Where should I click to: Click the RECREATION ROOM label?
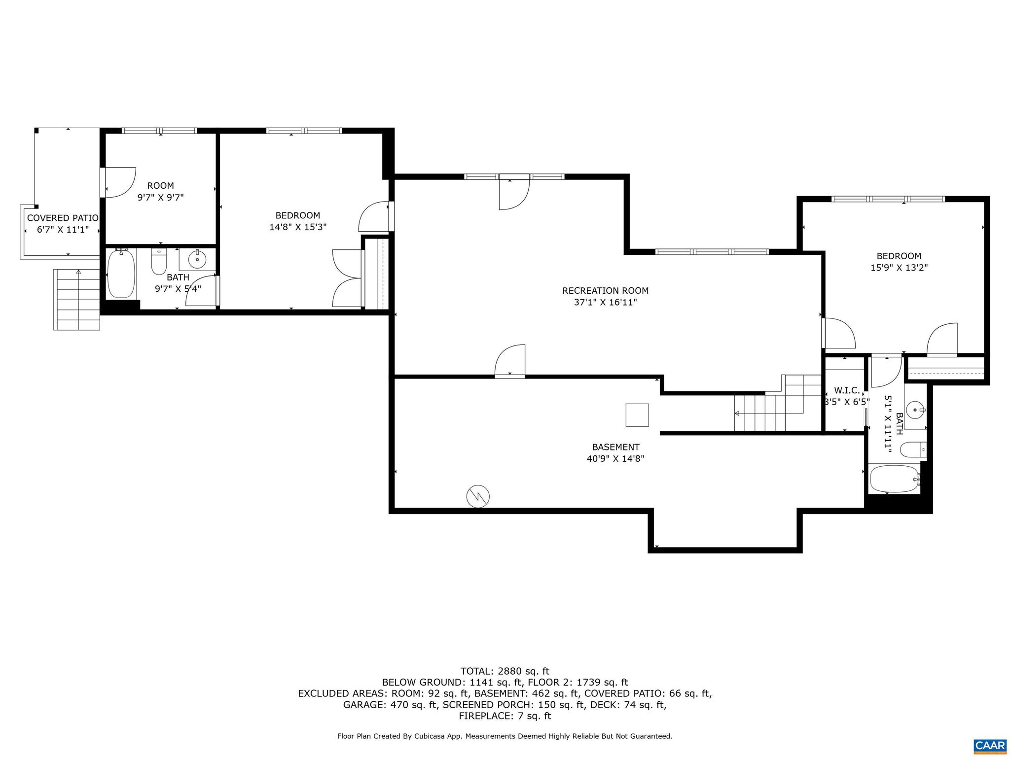pos(605,291)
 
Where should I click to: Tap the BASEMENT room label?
pos(615,447)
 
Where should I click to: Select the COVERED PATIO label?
pos(63,218)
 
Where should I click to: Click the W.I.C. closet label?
pos(847,390)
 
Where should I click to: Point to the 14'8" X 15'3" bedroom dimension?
pos(298,227)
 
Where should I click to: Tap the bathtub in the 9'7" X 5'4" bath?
pos(121,274)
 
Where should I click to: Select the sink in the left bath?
pos(197,259)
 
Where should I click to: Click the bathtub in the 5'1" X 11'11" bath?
pos(894,479)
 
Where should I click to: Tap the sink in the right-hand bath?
pos(915,409)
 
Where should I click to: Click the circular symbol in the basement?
pos(478,496)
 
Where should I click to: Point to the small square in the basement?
pos(637,415)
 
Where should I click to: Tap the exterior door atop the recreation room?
pos(514,193)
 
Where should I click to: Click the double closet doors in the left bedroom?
pos(348,278)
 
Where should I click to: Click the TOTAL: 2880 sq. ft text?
pos(505,671)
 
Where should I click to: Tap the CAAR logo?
pos(990,745)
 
